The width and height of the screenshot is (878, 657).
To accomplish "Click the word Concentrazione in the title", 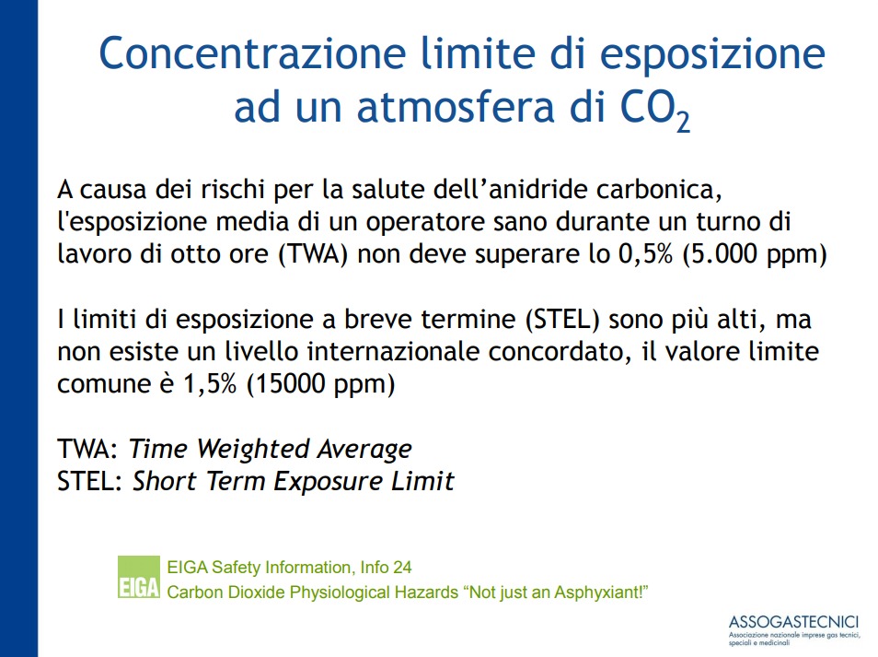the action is (252, 53).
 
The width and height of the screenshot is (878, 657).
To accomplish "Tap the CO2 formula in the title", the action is (655, 110).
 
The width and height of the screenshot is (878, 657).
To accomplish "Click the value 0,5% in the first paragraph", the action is (645, 254).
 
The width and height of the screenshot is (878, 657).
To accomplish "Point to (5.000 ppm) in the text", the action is (755, 255).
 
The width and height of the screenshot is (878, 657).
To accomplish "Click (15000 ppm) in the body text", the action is (321, 385).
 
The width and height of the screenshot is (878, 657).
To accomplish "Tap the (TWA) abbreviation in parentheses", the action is (314, 254).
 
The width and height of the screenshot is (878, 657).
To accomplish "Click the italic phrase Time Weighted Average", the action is (271, 450).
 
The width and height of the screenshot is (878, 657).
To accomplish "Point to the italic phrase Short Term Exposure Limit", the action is (294, 482).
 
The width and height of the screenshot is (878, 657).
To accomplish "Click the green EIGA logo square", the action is (139, 577).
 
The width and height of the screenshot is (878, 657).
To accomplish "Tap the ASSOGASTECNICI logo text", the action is (793, 622).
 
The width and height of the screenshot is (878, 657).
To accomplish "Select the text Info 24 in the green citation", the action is (386, 568).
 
